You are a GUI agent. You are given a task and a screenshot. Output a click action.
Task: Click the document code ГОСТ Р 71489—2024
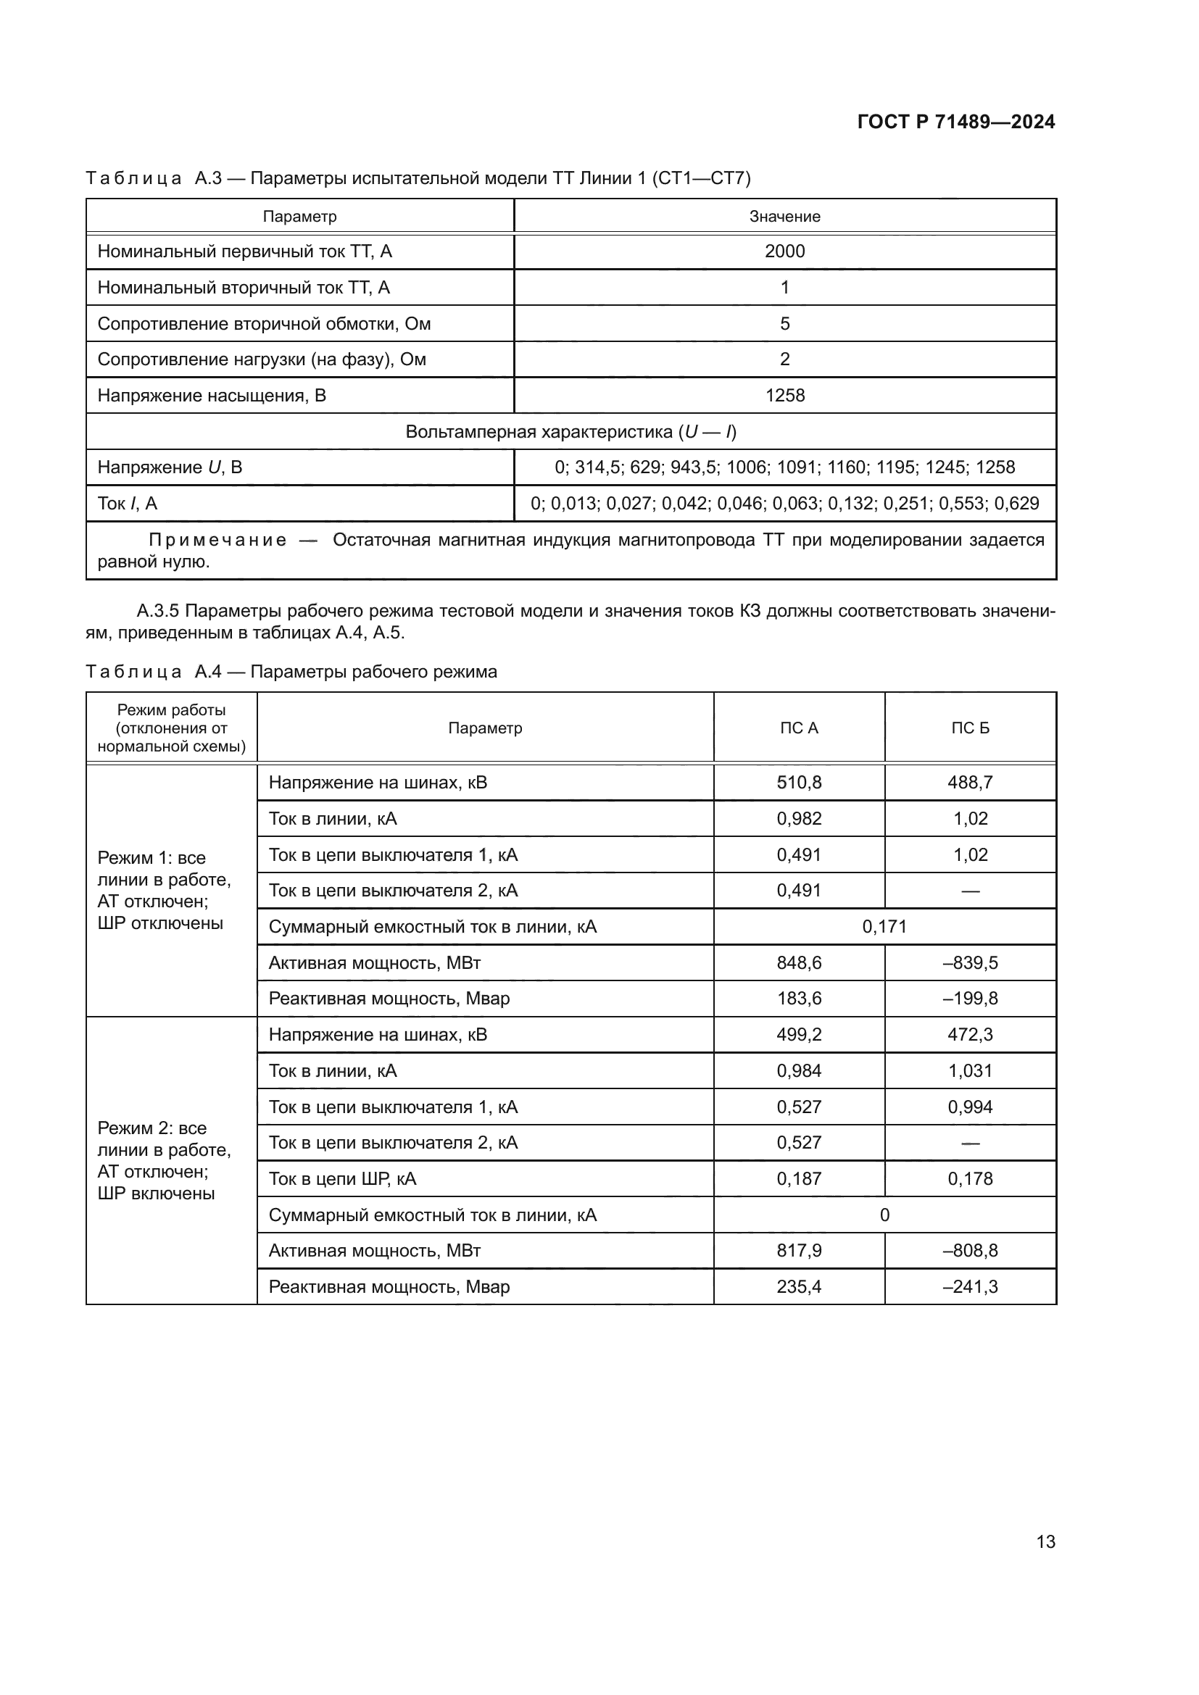pyautogui.click(x=955, y=122)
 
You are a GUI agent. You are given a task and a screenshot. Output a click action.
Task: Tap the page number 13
pyautogui.click(x=1045, y=1541)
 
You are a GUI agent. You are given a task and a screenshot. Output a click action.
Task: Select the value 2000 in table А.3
pyautogui.click(x=784, y=251)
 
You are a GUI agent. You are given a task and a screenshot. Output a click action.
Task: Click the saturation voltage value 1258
pyautogui.click(x=784, y=396)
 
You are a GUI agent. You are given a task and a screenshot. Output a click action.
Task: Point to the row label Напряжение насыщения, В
pyautogui.click(x=211, y=396)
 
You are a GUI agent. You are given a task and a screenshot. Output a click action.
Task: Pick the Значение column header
pyautogui.click(x=784, y=216)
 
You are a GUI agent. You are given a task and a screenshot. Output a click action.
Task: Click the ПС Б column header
pyautogui.click(x=969, y=728)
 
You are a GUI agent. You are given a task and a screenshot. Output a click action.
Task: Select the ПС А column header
pyautogui.click(x=798, y=728)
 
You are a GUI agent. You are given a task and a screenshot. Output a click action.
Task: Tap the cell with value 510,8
pyautogui.click(x=798, y=783)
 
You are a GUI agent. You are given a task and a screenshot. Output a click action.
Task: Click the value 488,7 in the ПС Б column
pyautogui.click(x=969, y=783)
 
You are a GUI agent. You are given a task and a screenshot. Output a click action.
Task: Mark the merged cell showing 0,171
pyautogui.click(x=884, y=927)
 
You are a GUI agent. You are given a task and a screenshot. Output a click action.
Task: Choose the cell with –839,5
pyautogui.click(x=969, y=962)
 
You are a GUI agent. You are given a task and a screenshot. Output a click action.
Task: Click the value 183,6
pyautogui.click(x=798, y=998)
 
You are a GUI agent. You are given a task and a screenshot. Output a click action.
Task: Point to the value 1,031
pyautogui.click(x=969, y=1070)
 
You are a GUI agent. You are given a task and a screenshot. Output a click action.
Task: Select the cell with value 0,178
pyautogui.click(x=969, y=1178)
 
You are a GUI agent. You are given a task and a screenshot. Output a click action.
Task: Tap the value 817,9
pyautogui.click(x=798, y=1251)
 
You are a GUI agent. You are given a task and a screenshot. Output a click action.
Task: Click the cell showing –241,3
pyautogui.click(x=969, y=1287)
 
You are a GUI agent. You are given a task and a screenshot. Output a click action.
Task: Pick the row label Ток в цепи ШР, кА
pyautogui.click(x=342, y=1178)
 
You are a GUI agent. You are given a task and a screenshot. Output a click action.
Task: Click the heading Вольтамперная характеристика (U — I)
pyautogui.click(x=571, y=432)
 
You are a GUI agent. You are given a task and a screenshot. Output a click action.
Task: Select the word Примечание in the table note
pyautogui.click(x=217, y=541)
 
